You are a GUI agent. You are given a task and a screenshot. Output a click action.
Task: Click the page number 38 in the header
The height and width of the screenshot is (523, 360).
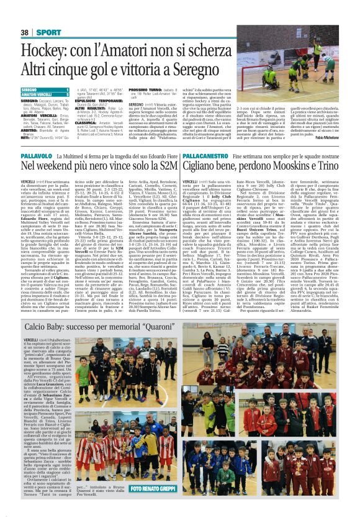25,32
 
